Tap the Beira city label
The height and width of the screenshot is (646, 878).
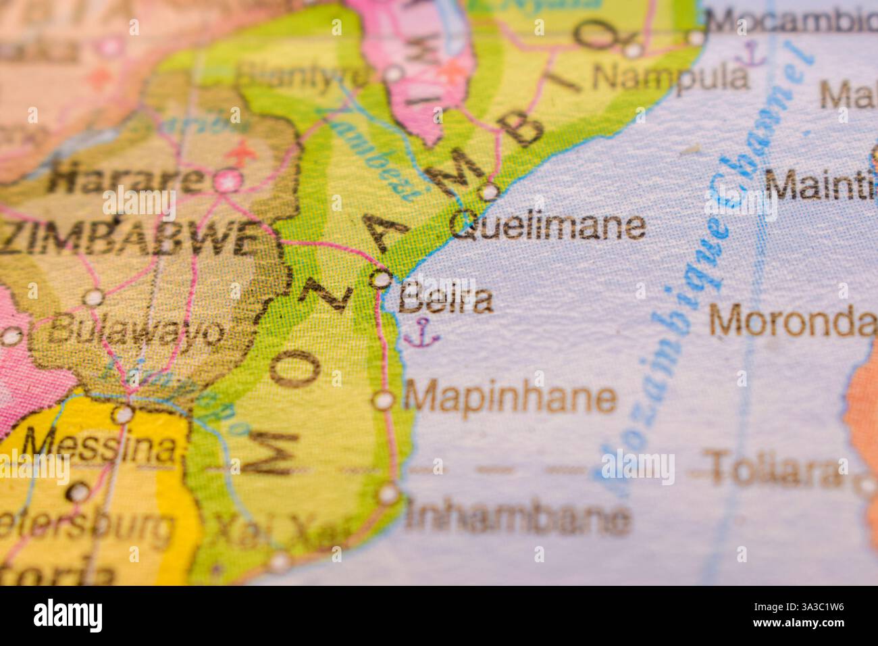(x=445, y=301)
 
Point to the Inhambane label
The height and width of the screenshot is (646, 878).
(x=518, y=518)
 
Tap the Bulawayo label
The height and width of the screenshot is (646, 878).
(x=135, y=331)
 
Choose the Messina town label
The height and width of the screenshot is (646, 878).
(x=101, y=445)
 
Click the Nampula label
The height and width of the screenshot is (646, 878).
(x=670, y=77)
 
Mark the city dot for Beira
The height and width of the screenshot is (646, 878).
(x=382, y=279)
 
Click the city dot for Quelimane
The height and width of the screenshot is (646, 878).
(x=488, y=193)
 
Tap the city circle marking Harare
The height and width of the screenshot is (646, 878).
(x=226, y=180)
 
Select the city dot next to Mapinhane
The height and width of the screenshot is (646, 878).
(x=384, y=400)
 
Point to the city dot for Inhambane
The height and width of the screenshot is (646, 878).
(x=388, y=494)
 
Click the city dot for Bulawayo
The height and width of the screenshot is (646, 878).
(x=93, y=297)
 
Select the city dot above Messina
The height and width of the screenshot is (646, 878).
(x=122, y=413)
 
